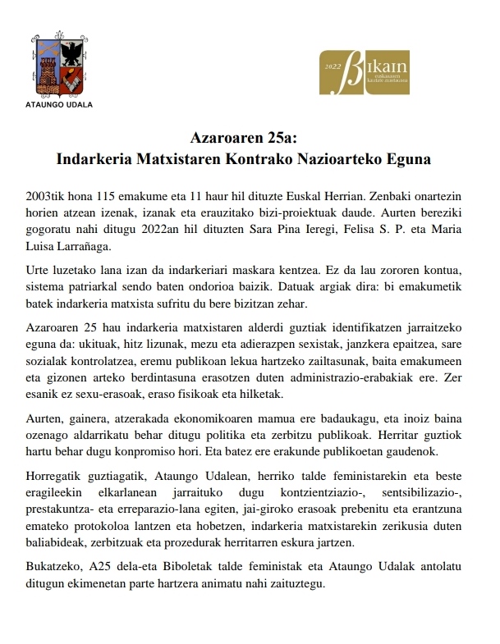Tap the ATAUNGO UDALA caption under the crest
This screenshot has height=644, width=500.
60,105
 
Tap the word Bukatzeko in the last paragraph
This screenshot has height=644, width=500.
56,568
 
